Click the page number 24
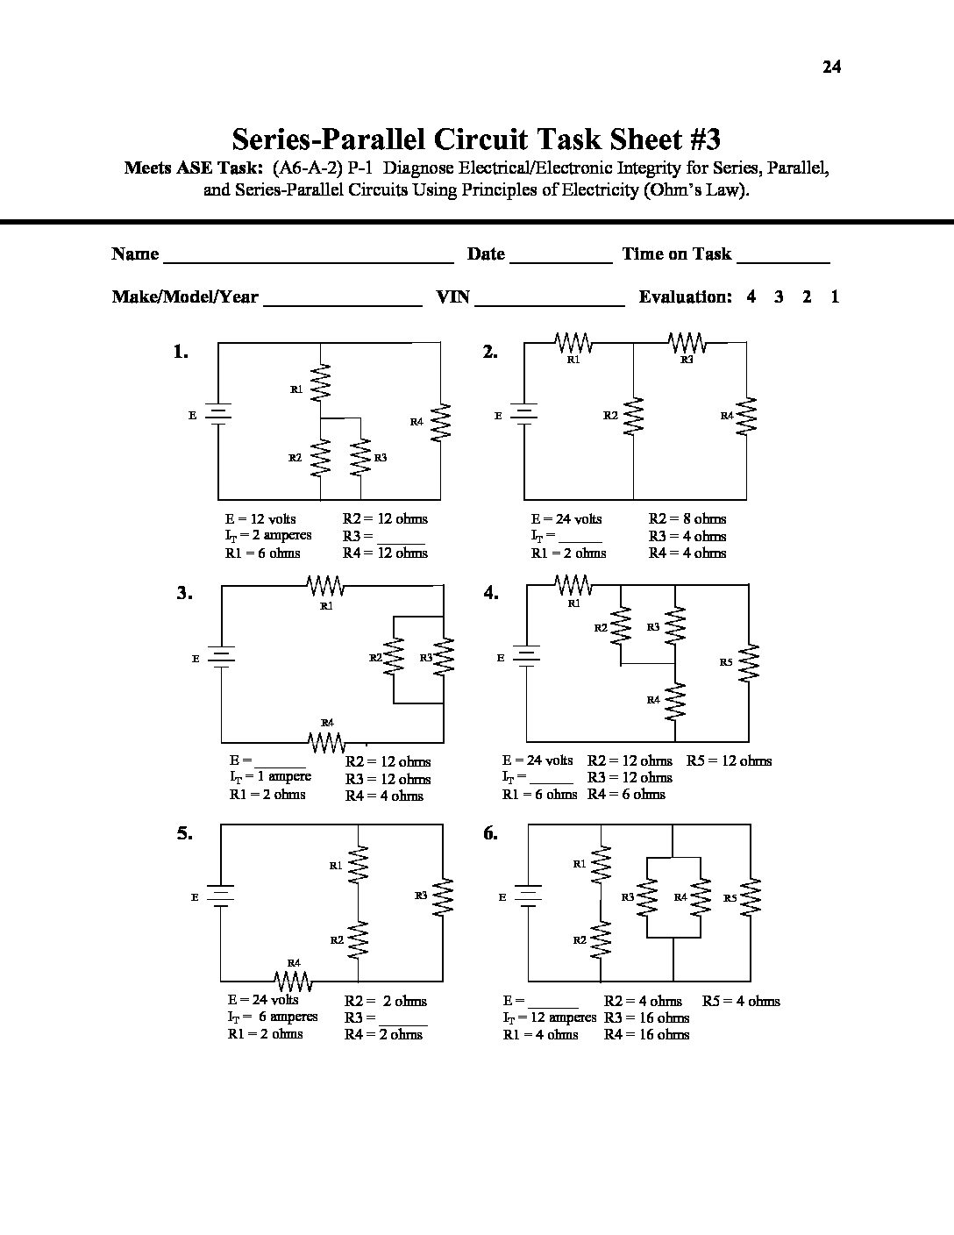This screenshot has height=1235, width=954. pos(831,67)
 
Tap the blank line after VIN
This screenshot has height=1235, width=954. pos(549,300)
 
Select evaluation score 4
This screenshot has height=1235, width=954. pos(751,296)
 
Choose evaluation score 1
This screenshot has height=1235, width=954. pos(835,296)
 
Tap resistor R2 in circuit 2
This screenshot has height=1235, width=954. pos(633,416)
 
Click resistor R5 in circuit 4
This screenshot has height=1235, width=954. pos(749,662)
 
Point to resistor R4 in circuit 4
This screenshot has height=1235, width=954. pos(675,700)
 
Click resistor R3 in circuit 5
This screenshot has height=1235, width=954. pos(445,896)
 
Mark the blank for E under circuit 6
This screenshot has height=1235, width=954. pos(553,1002)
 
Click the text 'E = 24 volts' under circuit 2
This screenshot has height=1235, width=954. pos(566,518)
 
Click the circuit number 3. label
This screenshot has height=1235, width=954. pos(184,593)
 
